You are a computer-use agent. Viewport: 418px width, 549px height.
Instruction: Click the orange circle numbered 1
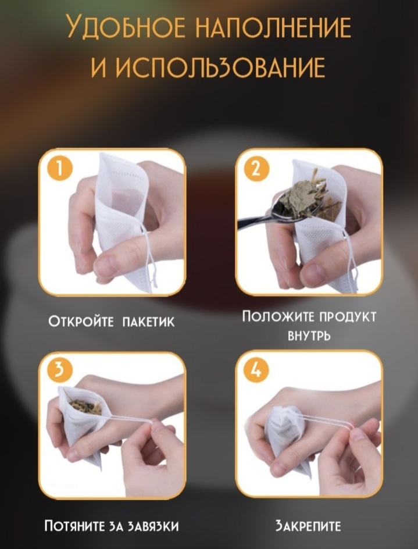point(59,169)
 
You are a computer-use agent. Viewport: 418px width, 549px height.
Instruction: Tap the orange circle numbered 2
point(257,169)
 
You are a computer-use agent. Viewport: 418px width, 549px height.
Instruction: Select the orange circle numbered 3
point(59,370)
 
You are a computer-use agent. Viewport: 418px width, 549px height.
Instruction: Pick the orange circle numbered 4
point(257,370)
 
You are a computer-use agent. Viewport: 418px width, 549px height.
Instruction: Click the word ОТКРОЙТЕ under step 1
point(81,321)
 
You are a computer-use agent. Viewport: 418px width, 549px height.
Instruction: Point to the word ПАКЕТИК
point(148,322)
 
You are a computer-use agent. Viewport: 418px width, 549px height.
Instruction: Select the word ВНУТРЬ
point(309,336)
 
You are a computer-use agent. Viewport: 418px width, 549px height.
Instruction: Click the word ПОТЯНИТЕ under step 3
point(74,526)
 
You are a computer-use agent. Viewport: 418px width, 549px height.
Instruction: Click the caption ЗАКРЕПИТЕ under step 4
point(308,526)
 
